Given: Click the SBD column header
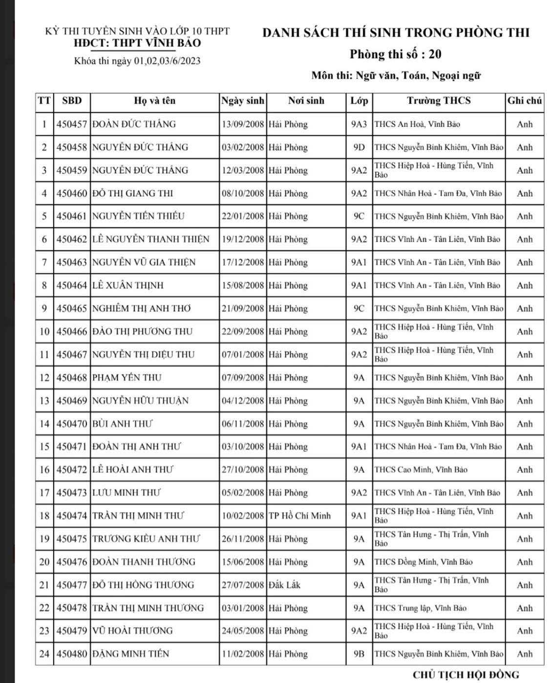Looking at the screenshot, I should (72, 101).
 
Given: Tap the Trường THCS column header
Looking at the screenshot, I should (439, 101).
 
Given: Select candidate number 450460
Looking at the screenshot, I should (72, 193).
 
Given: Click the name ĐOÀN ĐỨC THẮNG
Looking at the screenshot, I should (134, 124).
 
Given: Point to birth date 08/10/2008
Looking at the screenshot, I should (243, 193).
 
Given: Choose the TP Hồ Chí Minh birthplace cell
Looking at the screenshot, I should (299, 516).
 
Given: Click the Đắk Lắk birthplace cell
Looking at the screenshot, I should (284, 585).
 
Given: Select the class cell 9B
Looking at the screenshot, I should (359, 654).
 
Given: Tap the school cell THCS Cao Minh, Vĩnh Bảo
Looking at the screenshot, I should (421, 470).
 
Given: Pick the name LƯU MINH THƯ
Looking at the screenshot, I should (127, 493).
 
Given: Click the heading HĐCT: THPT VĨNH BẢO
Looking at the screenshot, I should (137, 43).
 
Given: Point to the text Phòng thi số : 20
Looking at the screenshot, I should (395, 54).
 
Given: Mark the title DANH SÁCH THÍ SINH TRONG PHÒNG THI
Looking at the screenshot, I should (396, 33).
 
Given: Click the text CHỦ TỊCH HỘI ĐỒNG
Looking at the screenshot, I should (466, 675).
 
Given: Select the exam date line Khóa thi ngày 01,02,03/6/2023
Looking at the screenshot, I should (137, 61).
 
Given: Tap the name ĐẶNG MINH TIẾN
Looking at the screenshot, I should (131, 654).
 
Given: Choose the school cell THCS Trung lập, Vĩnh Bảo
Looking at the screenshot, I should (420, 608).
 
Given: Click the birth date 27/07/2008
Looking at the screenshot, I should (243, 585).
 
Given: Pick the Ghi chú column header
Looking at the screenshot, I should (524, 101).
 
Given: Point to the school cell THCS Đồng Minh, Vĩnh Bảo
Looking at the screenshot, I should (424, 562).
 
